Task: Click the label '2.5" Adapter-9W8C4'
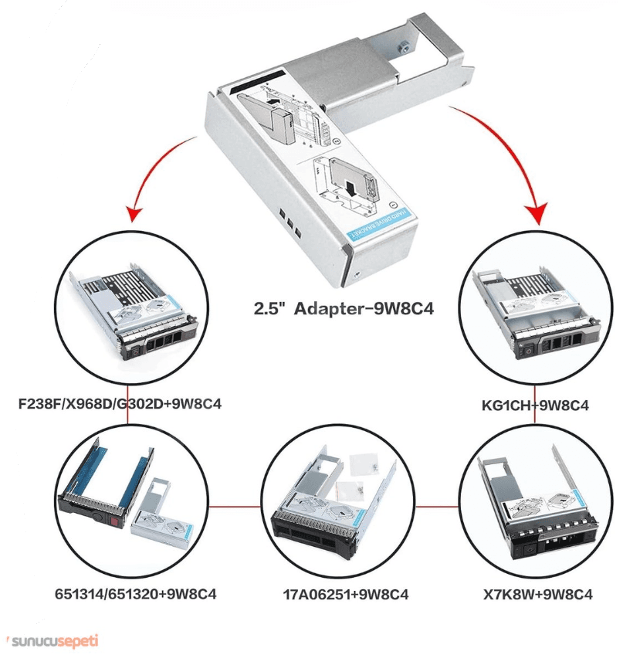(x=344, y=309)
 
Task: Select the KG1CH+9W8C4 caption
(x=534, y=404)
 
